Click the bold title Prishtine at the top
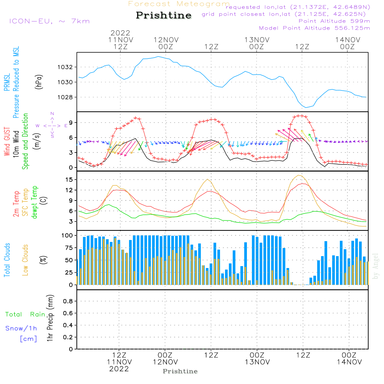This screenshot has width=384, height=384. click(x=164, y=15)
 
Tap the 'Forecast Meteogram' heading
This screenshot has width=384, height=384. click(x=179, y=4)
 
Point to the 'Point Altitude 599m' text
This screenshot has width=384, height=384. click(x=334, y=21)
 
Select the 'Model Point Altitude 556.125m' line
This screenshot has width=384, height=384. click(x=314, y=28)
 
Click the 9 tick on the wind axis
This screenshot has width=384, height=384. click(x=70, y=122)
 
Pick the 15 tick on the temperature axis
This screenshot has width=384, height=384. click(x=69, y=180)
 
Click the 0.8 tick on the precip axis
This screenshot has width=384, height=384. click(x=68, y=301)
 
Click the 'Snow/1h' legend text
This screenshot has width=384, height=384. click(x=21, y=329)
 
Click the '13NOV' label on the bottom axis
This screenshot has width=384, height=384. click(x=257, y=362)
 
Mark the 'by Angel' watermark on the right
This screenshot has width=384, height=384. click(x=376, y=266)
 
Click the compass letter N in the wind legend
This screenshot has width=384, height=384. click(x=52, y=113)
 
